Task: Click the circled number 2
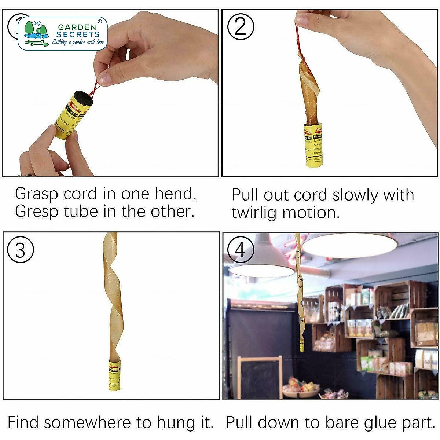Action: tap(241, 27)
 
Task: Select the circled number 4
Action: tap(241, 250)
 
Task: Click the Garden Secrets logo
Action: tap(63, 33)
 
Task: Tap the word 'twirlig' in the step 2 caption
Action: tap(253, 213)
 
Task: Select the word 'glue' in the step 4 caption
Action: tap(379, 422)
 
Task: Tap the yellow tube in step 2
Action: tap(313, 145)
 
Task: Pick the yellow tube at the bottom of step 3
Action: tap(114, 375)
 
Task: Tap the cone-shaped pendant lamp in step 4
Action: tap(262, 260)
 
